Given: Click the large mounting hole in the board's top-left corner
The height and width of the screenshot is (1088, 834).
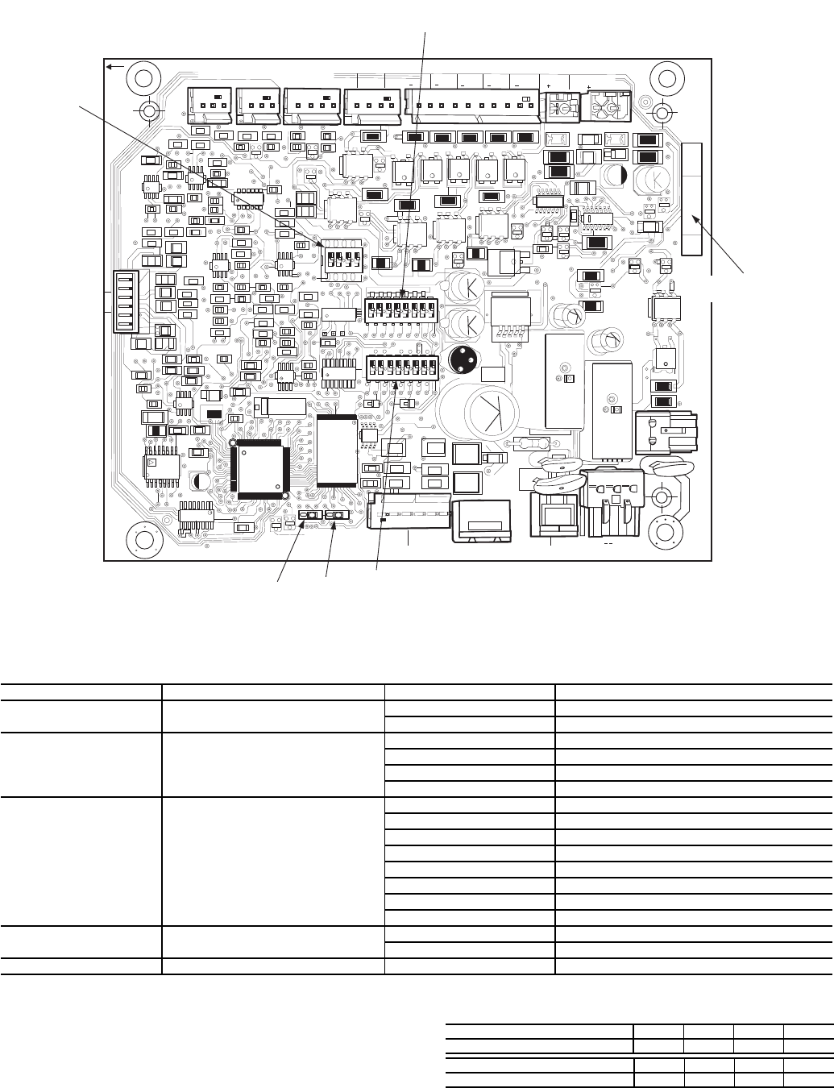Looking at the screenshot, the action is click(143, 78).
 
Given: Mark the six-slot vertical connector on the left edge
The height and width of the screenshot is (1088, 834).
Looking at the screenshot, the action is click(126, 300).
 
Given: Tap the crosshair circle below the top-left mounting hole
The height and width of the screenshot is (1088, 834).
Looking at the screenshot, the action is click(149, 110).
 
